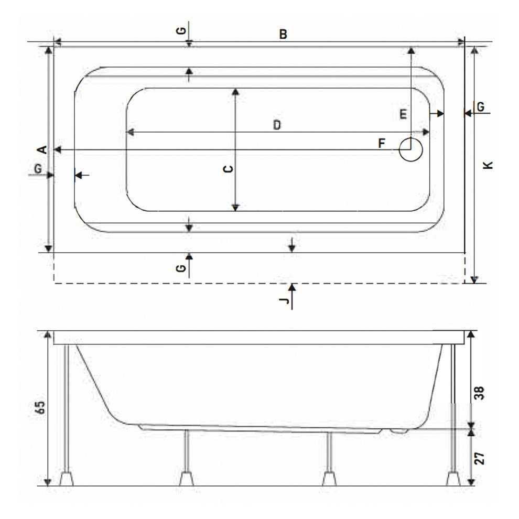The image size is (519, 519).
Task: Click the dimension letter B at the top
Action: [x=283, y=34]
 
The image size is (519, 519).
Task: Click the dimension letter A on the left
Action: [x=42, y=149]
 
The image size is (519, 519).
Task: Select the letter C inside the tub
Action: [x=228, y=169]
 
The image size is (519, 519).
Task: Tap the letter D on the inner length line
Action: [x=277, y=125]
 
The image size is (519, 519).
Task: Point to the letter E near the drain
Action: [x=403, y=114]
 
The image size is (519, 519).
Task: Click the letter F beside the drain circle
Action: [x=382, y=143]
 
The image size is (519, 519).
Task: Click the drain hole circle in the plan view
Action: [x=411, y=149]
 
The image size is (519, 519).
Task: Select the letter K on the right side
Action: [x=488, y=165]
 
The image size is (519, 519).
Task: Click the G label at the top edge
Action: [x=181, y=31]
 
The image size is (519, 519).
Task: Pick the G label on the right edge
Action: [x=481, y=107]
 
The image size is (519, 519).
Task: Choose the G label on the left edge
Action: [x=38, y=169]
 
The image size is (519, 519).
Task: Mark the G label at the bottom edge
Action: [x=181, y=268]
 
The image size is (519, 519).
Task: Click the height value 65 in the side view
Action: [x=40, y=407]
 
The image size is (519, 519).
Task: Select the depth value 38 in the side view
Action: [x=480, y=393]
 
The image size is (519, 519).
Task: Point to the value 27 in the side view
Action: [x=480, y=458]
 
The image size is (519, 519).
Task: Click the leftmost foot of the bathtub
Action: [x=67, y=479]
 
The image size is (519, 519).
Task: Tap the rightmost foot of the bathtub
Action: [x=453, y=479]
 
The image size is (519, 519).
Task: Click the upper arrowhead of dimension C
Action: [x=235, y=92]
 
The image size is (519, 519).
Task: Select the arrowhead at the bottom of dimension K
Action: [x=474, y=280]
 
